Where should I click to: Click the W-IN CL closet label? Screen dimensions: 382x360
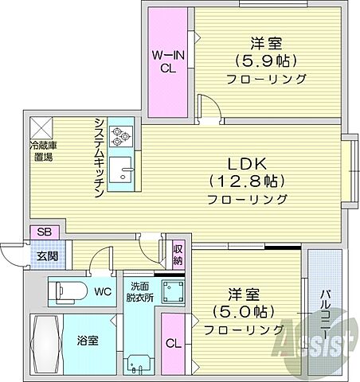click(x=170, y=60)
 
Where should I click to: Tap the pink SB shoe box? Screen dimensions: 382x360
click(x=43, y=232)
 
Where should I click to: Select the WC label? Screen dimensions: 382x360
click(x=104, y=291)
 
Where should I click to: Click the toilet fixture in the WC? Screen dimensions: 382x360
click(x=67, y=291)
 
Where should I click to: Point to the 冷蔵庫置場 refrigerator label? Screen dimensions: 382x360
click(x=42, y=151)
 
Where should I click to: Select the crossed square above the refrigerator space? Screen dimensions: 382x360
click(x=42, y=126)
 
